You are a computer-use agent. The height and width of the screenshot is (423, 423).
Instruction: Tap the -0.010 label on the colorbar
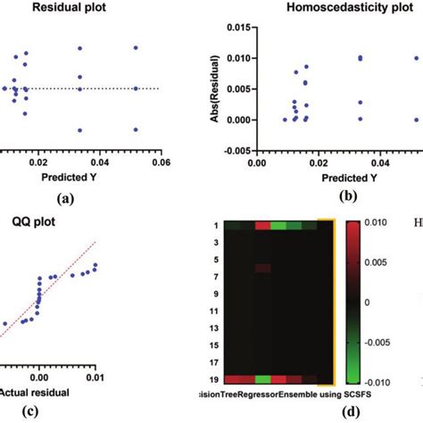377,379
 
